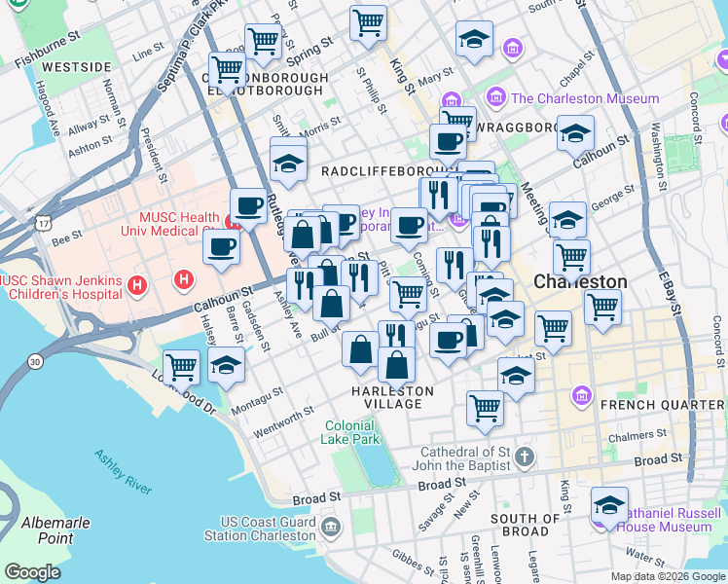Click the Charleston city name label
tap(580, 281)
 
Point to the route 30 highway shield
tap(35, 362)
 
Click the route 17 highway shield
tap(43, 224)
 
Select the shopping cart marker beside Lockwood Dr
tap(182, 368)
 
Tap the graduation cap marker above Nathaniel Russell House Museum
tap(609, 505)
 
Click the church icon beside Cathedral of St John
tap(524, 456)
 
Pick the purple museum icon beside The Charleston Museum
tap(496, 97)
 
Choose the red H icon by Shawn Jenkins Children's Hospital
tap(137, 286)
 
